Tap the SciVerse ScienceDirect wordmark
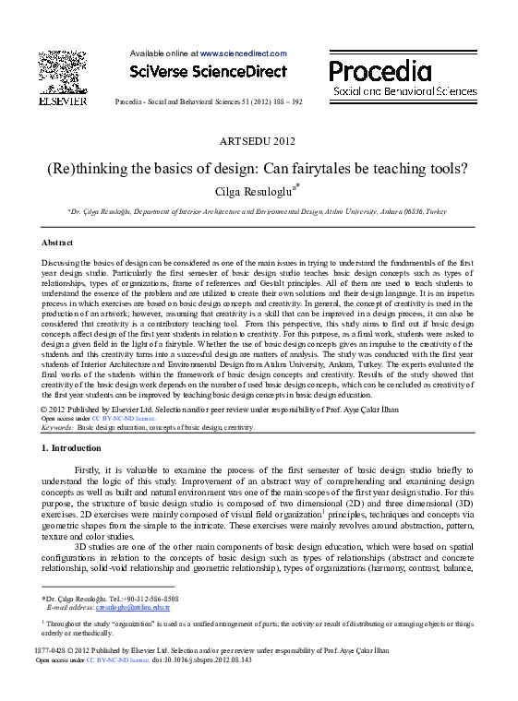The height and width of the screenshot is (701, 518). coord(208,71)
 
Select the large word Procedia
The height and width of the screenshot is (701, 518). coord(380,72)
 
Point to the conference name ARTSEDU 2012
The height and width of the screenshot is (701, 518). coord(259,140)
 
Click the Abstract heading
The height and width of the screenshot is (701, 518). coord(57,242)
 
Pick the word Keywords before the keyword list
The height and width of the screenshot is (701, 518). coord(57,428)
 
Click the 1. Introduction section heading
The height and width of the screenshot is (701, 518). coord(72,448)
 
